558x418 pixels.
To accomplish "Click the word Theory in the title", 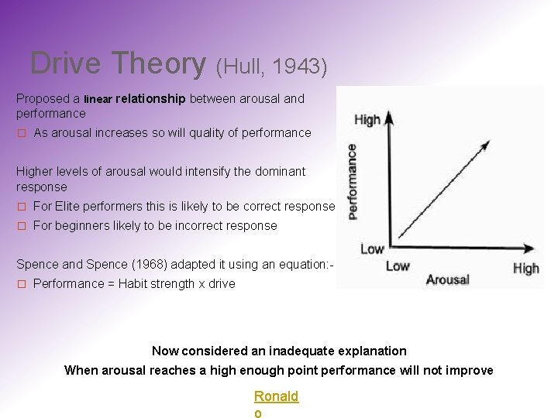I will pyautogui.click(x=159, y=63).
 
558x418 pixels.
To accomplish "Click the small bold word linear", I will pyautogui.click(x=98, y=99).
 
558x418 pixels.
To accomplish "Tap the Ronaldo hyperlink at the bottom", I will pyautogui.click(x=276, y=397).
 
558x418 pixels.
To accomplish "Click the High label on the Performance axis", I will pyautogui.click(x=367, y=120).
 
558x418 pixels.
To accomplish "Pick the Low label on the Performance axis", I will pyautogui.click(x=372, y=248).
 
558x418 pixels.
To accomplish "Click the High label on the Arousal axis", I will pyautogui.click(x=525, y=269).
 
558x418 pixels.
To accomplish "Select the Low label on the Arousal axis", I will pyautogui.click(x=398, y=266).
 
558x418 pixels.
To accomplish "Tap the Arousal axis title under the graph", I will pyautogui.click(x=447, y=279).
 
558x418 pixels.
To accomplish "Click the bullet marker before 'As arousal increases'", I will pyautogui.click(x=22, y=133).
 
